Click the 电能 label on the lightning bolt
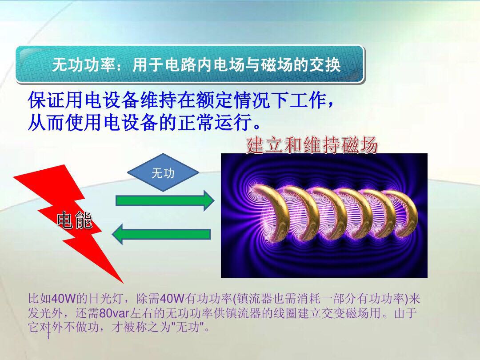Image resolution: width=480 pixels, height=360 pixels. click(x=75, y=220)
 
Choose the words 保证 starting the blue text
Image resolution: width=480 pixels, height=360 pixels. click(x=42, y=100)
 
